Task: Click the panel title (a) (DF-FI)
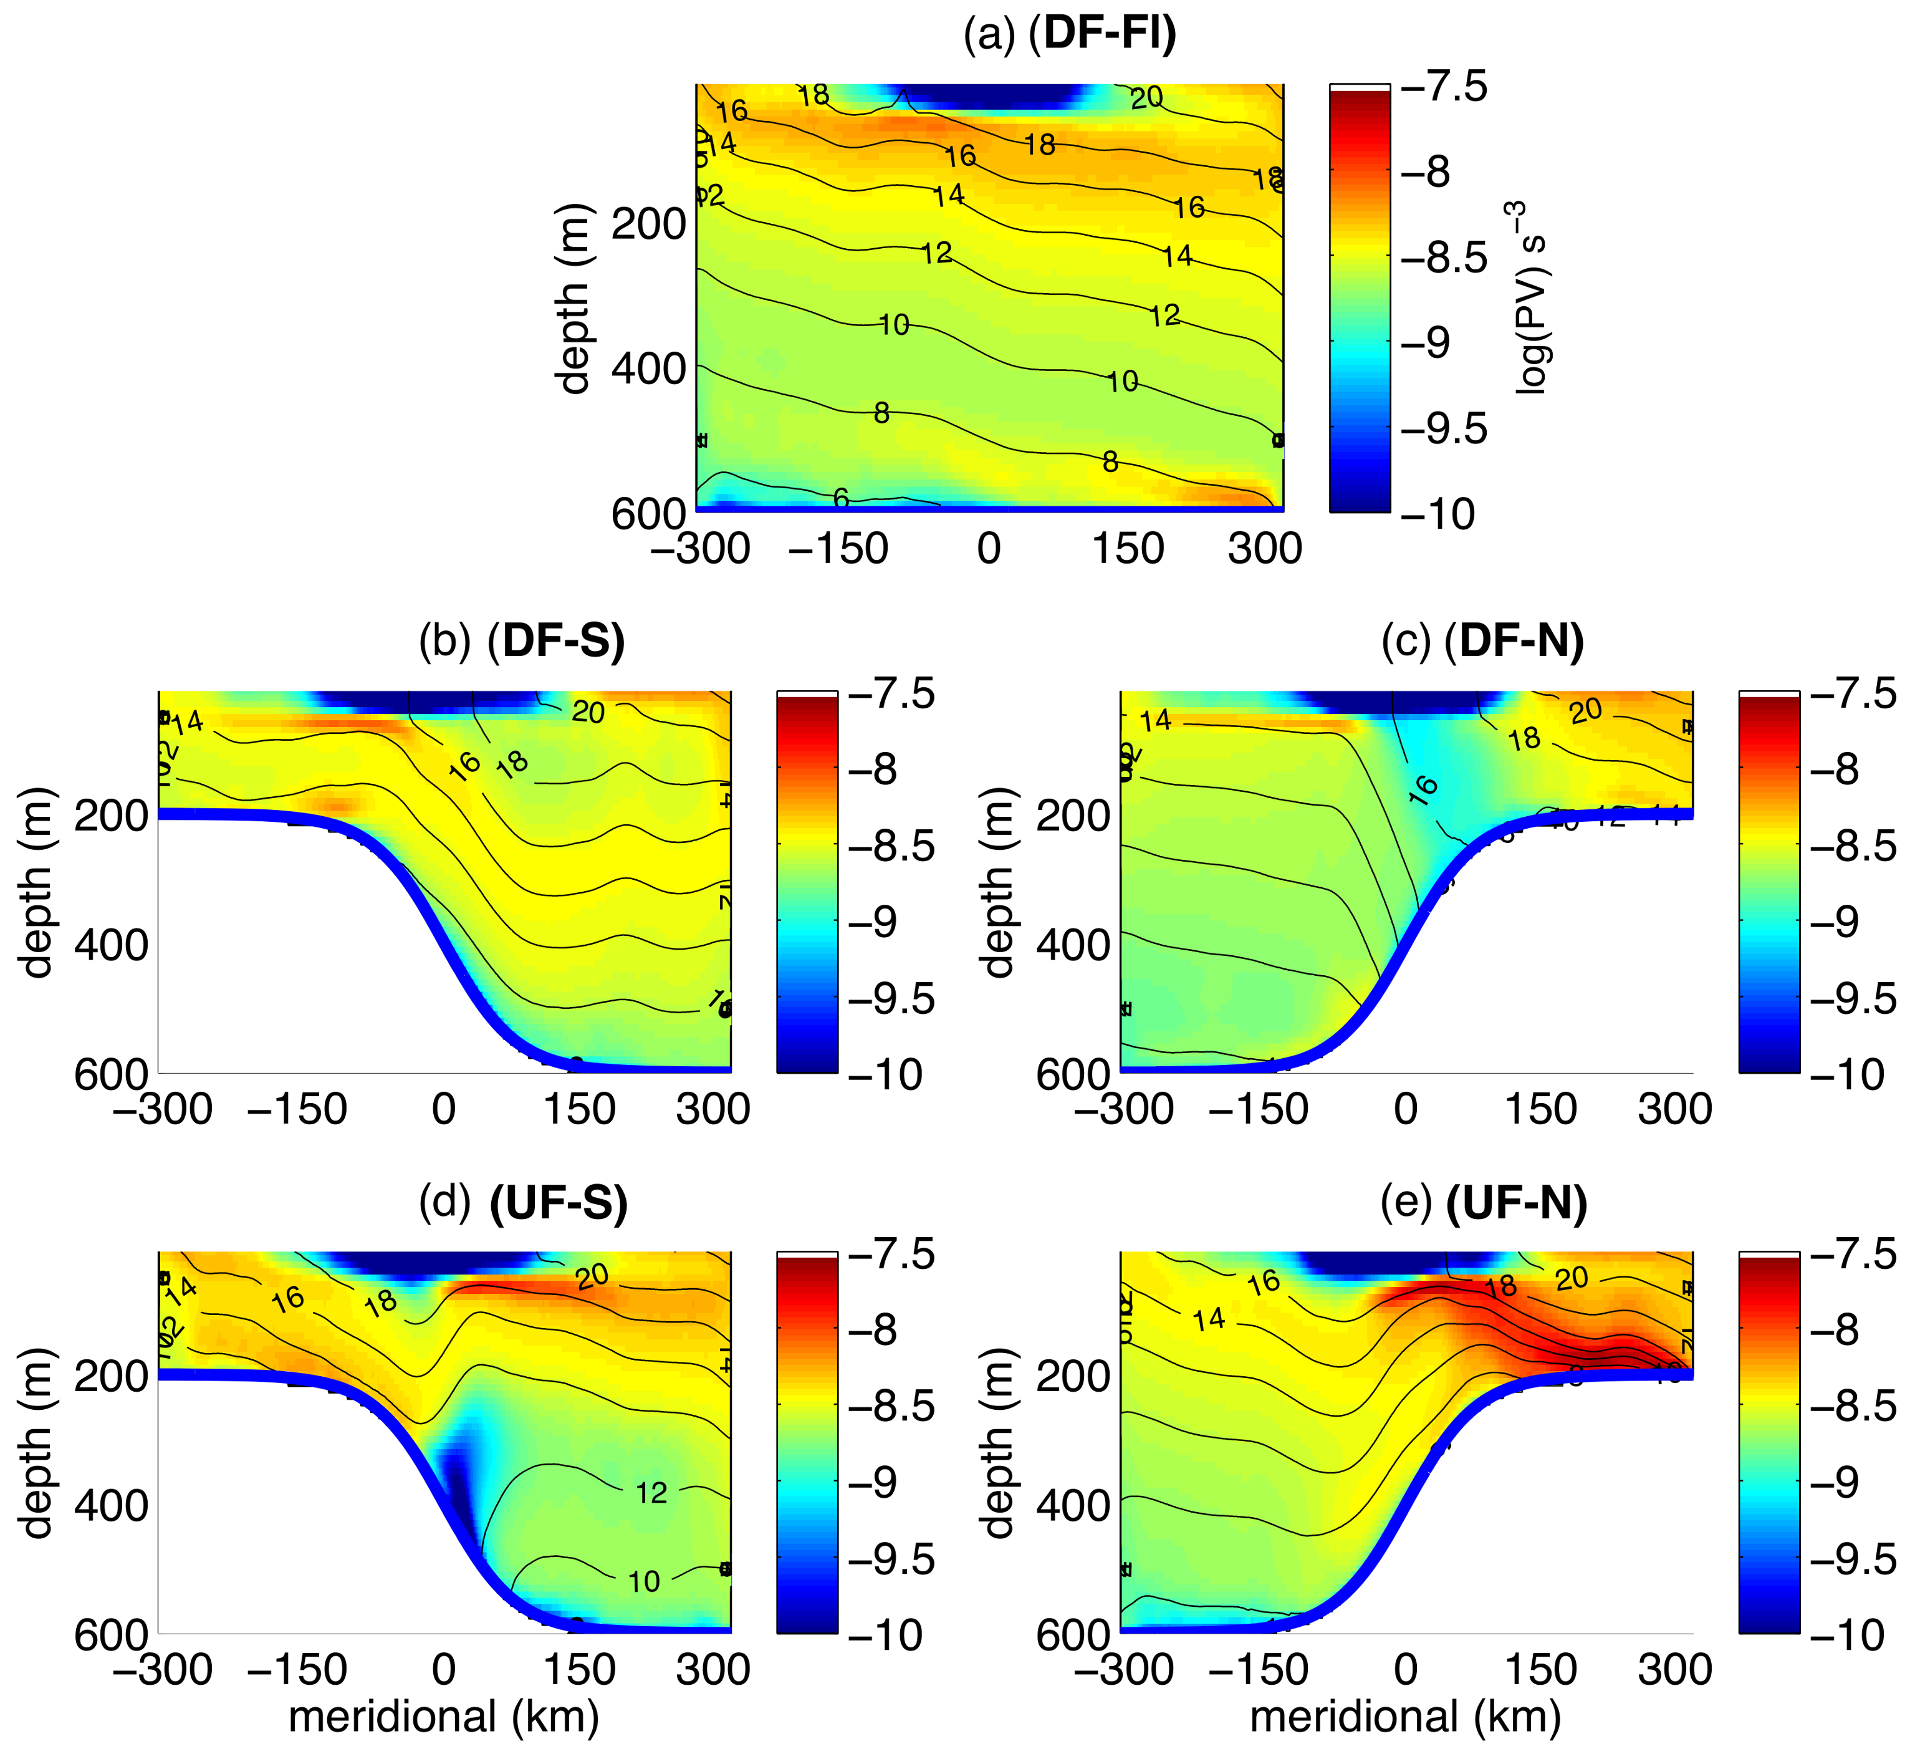pyautogui.click(x=1070, y=34)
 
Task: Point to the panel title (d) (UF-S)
pyautogui.click(x=524, y=1204)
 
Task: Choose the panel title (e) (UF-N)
pyautogui.click(x=1484, y=1204)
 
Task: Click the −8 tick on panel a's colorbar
pyautogui.click(x=1426, y=173)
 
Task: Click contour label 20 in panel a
pyautogui.click(x=1146, y=96)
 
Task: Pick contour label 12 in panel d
pyautogui.click(x=651, y=1493)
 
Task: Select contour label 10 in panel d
pyautogui.click(x=643, y=1581)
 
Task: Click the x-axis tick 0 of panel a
pyautogui.click(x=989, y=549)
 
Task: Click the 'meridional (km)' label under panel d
pyautogui.click(x=444, y=1716)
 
